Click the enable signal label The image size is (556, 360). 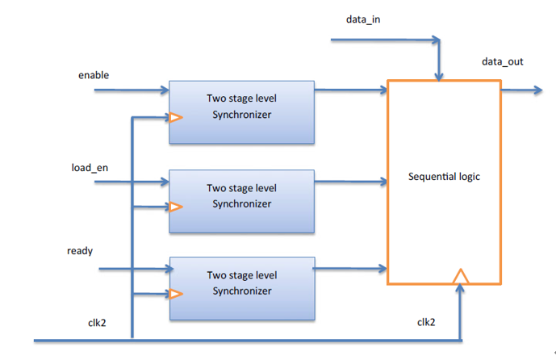point(94,75)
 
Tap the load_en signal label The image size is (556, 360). point(90,168)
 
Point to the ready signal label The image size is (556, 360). point(80,250)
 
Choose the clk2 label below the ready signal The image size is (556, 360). point(99,322)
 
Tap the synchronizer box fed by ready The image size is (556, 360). point(241,288)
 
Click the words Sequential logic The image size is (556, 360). point(444,176)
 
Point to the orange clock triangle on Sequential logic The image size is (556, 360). point(460,276)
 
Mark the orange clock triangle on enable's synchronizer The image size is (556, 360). point(175,119)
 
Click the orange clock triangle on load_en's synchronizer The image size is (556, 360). point(175,207)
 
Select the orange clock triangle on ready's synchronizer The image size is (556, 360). point(175,293)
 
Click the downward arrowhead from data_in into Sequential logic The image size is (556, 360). point(438,75)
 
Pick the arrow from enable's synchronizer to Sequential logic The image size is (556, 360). point(350,90)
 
